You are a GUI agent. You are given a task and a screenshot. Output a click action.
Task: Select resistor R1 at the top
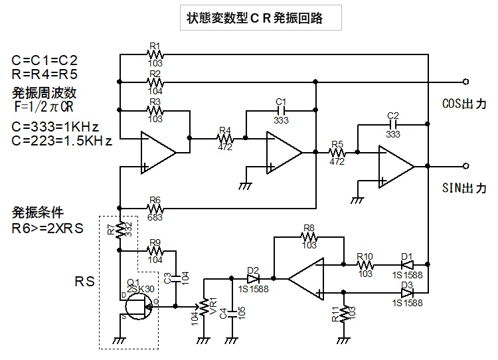click(155, 56)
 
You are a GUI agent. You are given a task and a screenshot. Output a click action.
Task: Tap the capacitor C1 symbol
click(280, 110)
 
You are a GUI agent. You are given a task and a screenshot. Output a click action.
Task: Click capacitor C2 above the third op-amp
click(392, 124)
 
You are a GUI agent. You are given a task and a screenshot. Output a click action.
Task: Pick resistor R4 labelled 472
click(225, 138)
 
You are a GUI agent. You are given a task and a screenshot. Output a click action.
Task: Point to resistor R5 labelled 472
click(337, 152)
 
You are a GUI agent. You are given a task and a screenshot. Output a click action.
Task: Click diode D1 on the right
click(407, 264)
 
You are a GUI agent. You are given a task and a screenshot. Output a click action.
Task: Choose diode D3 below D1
click(407, 291)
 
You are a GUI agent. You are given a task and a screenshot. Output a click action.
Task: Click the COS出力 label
click(464, 104)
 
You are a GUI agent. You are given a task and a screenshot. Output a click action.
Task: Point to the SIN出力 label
click(464, 189)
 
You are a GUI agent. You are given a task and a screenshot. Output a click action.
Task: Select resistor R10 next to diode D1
click(365, 264)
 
